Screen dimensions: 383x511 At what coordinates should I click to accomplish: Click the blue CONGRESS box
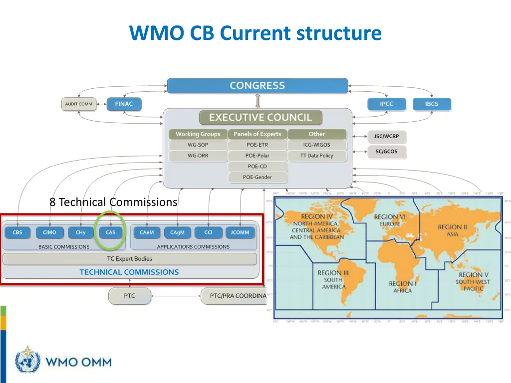[257, 85]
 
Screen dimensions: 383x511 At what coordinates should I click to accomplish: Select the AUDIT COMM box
[78, 104]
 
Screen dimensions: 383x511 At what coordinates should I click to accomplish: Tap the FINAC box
[124, 104]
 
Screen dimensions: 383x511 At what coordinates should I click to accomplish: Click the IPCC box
[386, 104]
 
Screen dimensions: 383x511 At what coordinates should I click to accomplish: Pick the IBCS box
[431, 104]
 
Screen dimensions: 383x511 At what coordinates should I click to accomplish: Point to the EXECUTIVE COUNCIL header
[260, 118]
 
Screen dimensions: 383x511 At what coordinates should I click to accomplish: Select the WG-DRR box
[198, 156]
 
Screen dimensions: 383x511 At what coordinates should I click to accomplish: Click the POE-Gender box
[257, 177]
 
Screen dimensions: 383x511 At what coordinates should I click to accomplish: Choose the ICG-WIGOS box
[316, 145]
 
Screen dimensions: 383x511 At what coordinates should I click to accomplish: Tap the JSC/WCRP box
[386, 136]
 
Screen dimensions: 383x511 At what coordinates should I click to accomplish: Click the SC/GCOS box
[386, 152]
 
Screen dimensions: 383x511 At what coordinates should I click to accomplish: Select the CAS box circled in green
[110, 232]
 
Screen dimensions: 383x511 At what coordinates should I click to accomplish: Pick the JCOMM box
[240, 232]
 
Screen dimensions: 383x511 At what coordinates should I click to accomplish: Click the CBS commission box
[17, 232]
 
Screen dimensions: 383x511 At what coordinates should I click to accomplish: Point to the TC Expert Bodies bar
[129, 259]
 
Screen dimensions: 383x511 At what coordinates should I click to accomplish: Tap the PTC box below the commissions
[129, 296]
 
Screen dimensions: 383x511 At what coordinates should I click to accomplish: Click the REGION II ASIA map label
[452, 230]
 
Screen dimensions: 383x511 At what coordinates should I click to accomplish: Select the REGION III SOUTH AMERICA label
[333, 280]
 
